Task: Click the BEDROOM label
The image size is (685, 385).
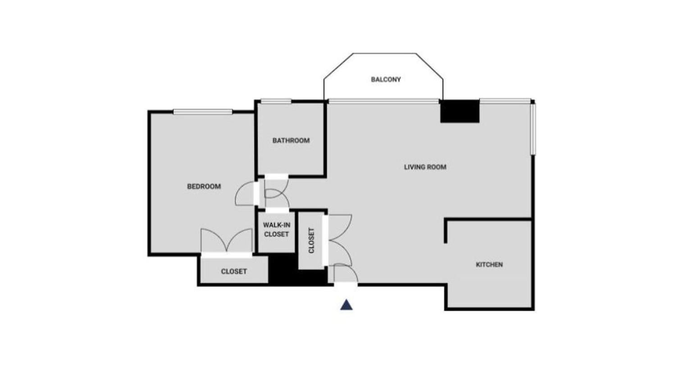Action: (204, 186)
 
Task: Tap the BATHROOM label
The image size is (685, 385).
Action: (291, 140)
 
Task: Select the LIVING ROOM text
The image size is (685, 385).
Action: (425, 167)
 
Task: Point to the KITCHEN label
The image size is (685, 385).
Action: (489, 265)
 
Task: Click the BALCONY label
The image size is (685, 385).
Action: (386, 79)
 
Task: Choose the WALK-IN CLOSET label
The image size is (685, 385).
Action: (276, 230)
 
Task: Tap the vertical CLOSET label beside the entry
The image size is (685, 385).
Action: (311, 240)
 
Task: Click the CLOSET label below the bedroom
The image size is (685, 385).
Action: (234, 272)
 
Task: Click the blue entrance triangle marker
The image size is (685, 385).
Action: (347, 305)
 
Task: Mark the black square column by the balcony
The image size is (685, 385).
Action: (460, 111)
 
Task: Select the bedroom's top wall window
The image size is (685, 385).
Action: (203, 112)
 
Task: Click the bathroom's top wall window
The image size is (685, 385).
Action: (276, 101)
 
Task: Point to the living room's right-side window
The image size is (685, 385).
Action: (533, 129)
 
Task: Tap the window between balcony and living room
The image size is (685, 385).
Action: (384, 101)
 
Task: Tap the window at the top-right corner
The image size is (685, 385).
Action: (505, 101)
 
